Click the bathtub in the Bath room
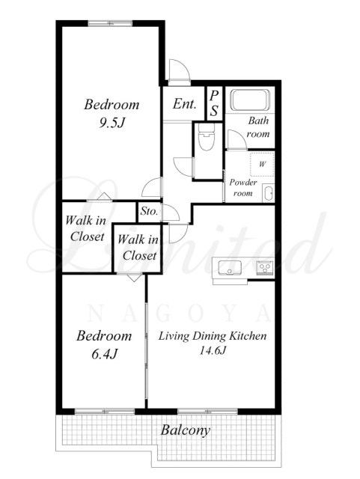[250, 100]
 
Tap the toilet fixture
[206, 137]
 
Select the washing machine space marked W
[262, 164]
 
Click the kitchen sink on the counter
[229, 268]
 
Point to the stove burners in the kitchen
[264, 268]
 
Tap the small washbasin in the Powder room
[268, 193]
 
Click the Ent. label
[184, 104]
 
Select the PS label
[214, 103]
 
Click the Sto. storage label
[149, 211]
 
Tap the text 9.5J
[112, 122]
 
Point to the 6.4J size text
[104, 354]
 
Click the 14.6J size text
[213, 350]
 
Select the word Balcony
[186, 430]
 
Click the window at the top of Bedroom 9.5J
[111, 23]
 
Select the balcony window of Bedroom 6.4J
[105, 411]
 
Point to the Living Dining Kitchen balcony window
[207, 411]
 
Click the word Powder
[243, 183]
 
